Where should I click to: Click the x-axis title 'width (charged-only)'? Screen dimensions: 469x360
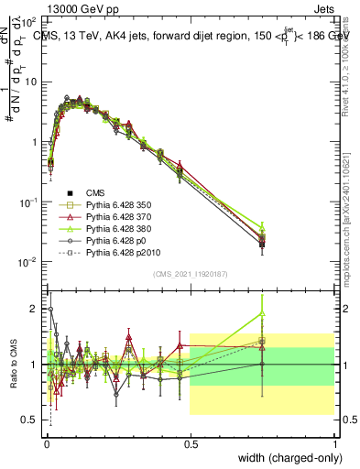[286, 458]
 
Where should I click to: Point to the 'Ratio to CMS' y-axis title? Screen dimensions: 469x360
[13, 364]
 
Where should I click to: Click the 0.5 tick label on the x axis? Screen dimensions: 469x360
[190, 442]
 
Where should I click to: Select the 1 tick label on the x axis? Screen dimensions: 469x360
[334, 442]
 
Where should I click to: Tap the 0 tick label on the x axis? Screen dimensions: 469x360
[46, 442]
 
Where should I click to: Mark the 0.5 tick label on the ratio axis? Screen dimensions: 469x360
[32, 420]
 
